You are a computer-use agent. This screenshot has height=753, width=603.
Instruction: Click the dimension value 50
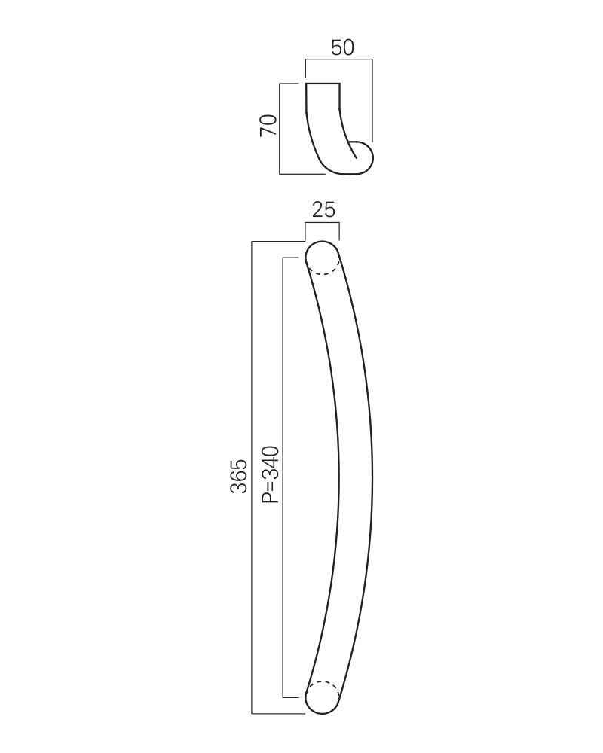[x=342, y=47]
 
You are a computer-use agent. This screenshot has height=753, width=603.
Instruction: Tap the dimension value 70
[x=268, y=125]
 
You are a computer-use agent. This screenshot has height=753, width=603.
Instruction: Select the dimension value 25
[x=323, y=210]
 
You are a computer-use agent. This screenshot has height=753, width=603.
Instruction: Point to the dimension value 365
[x=239, y=477]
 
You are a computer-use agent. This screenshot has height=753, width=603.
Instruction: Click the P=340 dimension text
[x=271, y=474]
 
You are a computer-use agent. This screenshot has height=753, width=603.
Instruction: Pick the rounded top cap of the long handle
[x=322, y=242]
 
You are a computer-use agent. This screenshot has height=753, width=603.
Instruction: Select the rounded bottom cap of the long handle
[x=322, y=712]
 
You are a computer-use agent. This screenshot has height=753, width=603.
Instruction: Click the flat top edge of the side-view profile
[x=323, y=84]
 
